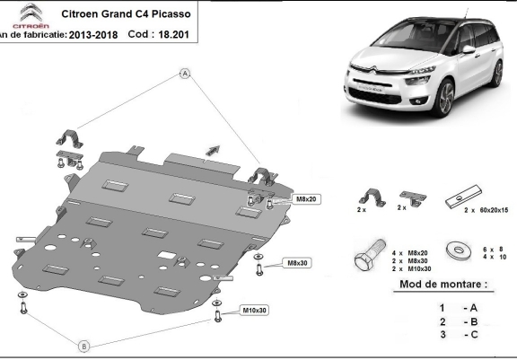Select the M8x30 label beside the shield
297,263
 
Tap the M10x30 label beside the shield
254,311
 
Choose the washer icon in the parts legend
460,247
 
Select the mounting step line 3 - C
454,336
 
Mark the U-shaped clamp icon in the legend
369,198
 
